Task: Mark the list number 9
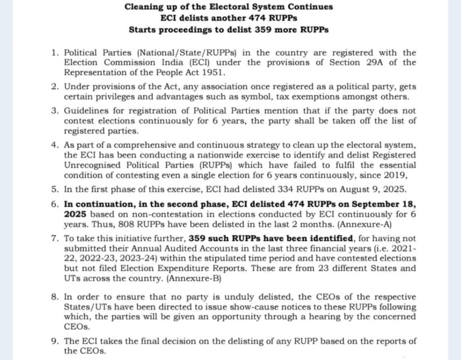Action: (x=53, y=341)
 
